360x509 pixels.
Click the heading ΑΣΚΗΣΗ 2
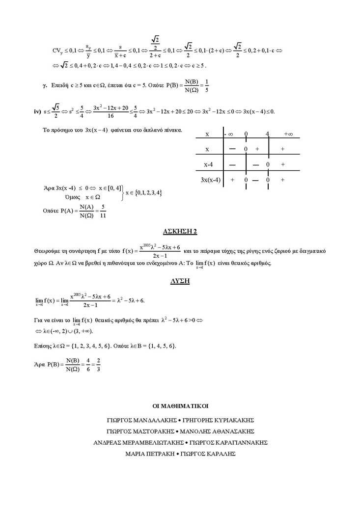tap(180, 231)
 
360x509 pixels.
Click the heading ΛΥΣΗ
tap(180, 281)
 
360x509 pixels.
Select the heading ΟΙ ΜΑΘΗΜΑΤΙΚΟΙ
tap(180, 406)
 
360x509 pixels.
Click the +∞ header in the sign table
tap(288, 134)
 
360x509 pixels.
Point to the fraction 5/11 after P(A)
tap(103, 211)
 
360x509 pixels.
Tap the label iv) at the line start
tap(37, 111)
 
